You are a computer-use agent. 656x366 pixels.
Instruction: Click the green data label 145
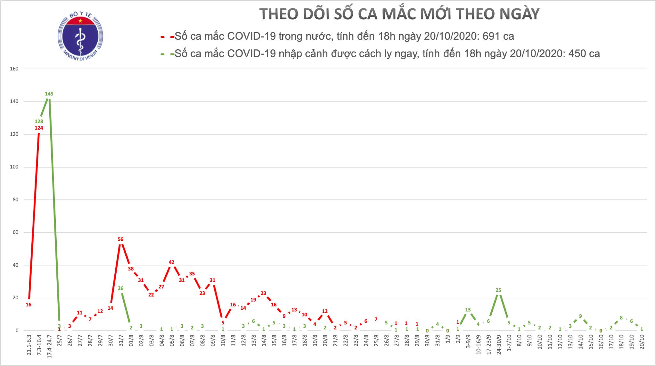pos(49,94)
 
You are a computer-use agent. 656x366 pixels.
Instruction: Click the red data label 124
pos(39,128)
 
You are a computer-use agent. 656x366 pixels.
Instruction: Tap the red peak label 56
pos(120,239)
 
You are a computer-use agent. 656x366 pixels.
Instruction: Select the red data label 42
pos(171,262)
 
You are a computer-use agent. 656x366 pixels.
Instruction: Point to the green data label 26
pos(120,288)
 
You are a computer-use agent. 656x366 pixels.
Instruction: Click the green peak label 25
pos(498,290)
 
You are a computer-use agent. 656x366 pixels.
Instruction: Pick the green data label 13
pos(468,310)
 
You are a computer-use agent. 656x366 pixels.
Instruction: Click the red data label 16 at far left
pos(29,305)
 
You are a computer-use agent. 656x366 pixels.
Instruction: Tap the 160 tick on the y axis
pos(14,69)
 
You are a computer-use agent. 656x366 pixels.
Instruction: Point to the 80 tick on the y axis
pos(15,200)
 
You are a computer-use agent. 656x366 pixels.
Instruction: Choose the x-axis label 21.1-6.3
pos(29,344)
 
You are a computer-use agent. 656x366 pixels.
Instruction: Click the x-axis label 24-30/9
pos(499,343)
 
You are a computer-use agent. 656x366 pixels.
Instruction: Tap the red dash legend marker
pos(167,37)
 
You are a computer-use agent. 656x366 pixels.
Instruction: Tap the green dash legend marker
pos(167,54)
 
